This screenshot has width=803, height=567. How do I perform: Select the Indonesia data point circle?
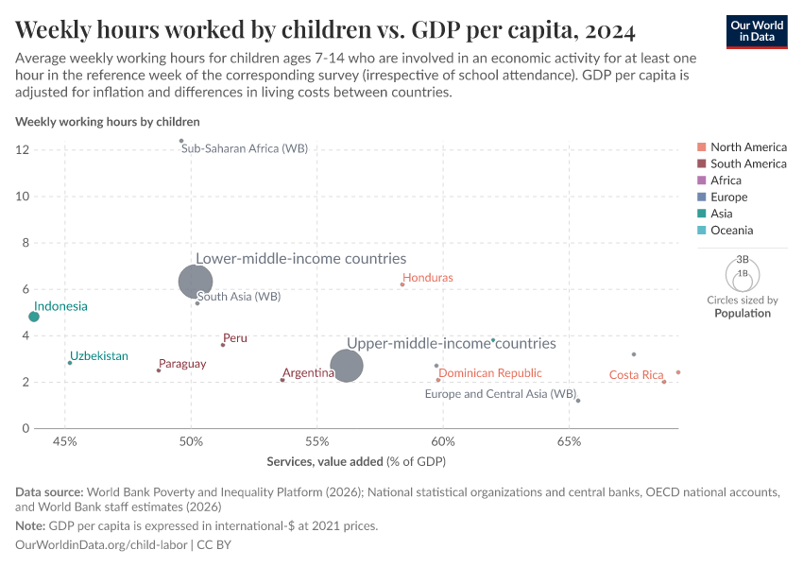pos(34,317)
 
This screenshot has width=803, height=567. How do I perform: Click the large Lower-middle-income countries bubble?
pos(196,281)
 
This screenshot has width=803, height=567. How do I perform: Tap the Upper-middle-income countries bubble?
pos(347,366)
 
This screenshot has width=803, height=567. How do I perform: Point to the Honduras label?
pos(428,278)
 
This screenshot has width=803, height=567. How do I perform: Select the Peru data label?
pos(234,337)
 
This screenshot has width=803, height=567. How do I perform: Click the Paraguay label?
pos(182,364)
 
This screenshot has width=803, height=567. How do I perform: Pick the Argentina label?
pos(309,373)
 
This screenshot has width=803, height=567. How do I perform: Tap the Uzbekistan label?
pos(99,356)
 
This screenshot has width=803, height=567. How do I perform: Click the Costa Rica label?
pos(636,375)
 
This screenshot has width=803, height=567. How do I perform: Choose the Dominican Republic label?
pos(490,373)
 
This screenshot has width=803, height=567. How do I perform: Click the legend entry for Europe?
pos(728,197)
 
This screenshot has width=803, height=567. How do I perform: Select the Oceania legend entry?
pos(731,231)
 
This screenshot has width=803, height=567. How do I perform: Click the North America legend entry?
pos(747,146)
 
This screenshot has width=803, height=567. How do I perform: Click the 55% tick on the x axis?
pos(316,442)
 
